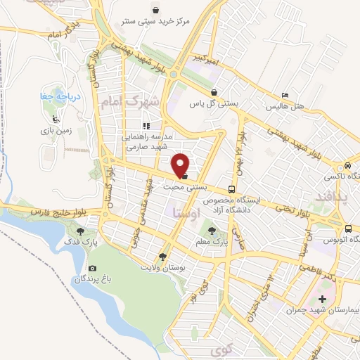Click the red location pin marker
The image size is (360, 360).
pos(181,165)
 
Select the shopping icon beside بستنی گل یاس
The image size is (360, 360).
pos(213,92)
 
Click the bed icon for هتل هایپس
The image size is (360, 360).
pos(284,95)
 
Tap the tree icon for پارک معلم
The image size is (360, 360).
pos(212,229)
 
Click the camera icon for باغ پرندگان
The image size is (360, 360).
pos(92,268)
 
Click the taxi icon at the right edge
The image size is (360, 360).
pos(347,165)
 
